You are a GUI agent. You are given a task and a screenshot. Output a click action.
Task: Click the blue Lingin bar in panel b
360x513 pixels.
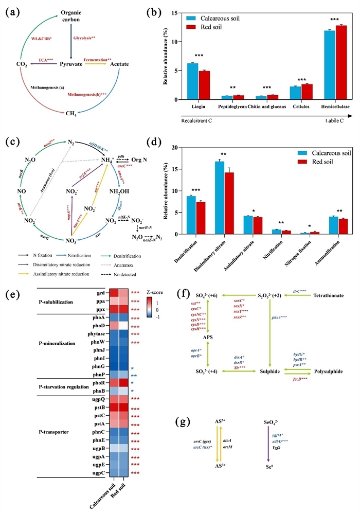click(x=192, y=81)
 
